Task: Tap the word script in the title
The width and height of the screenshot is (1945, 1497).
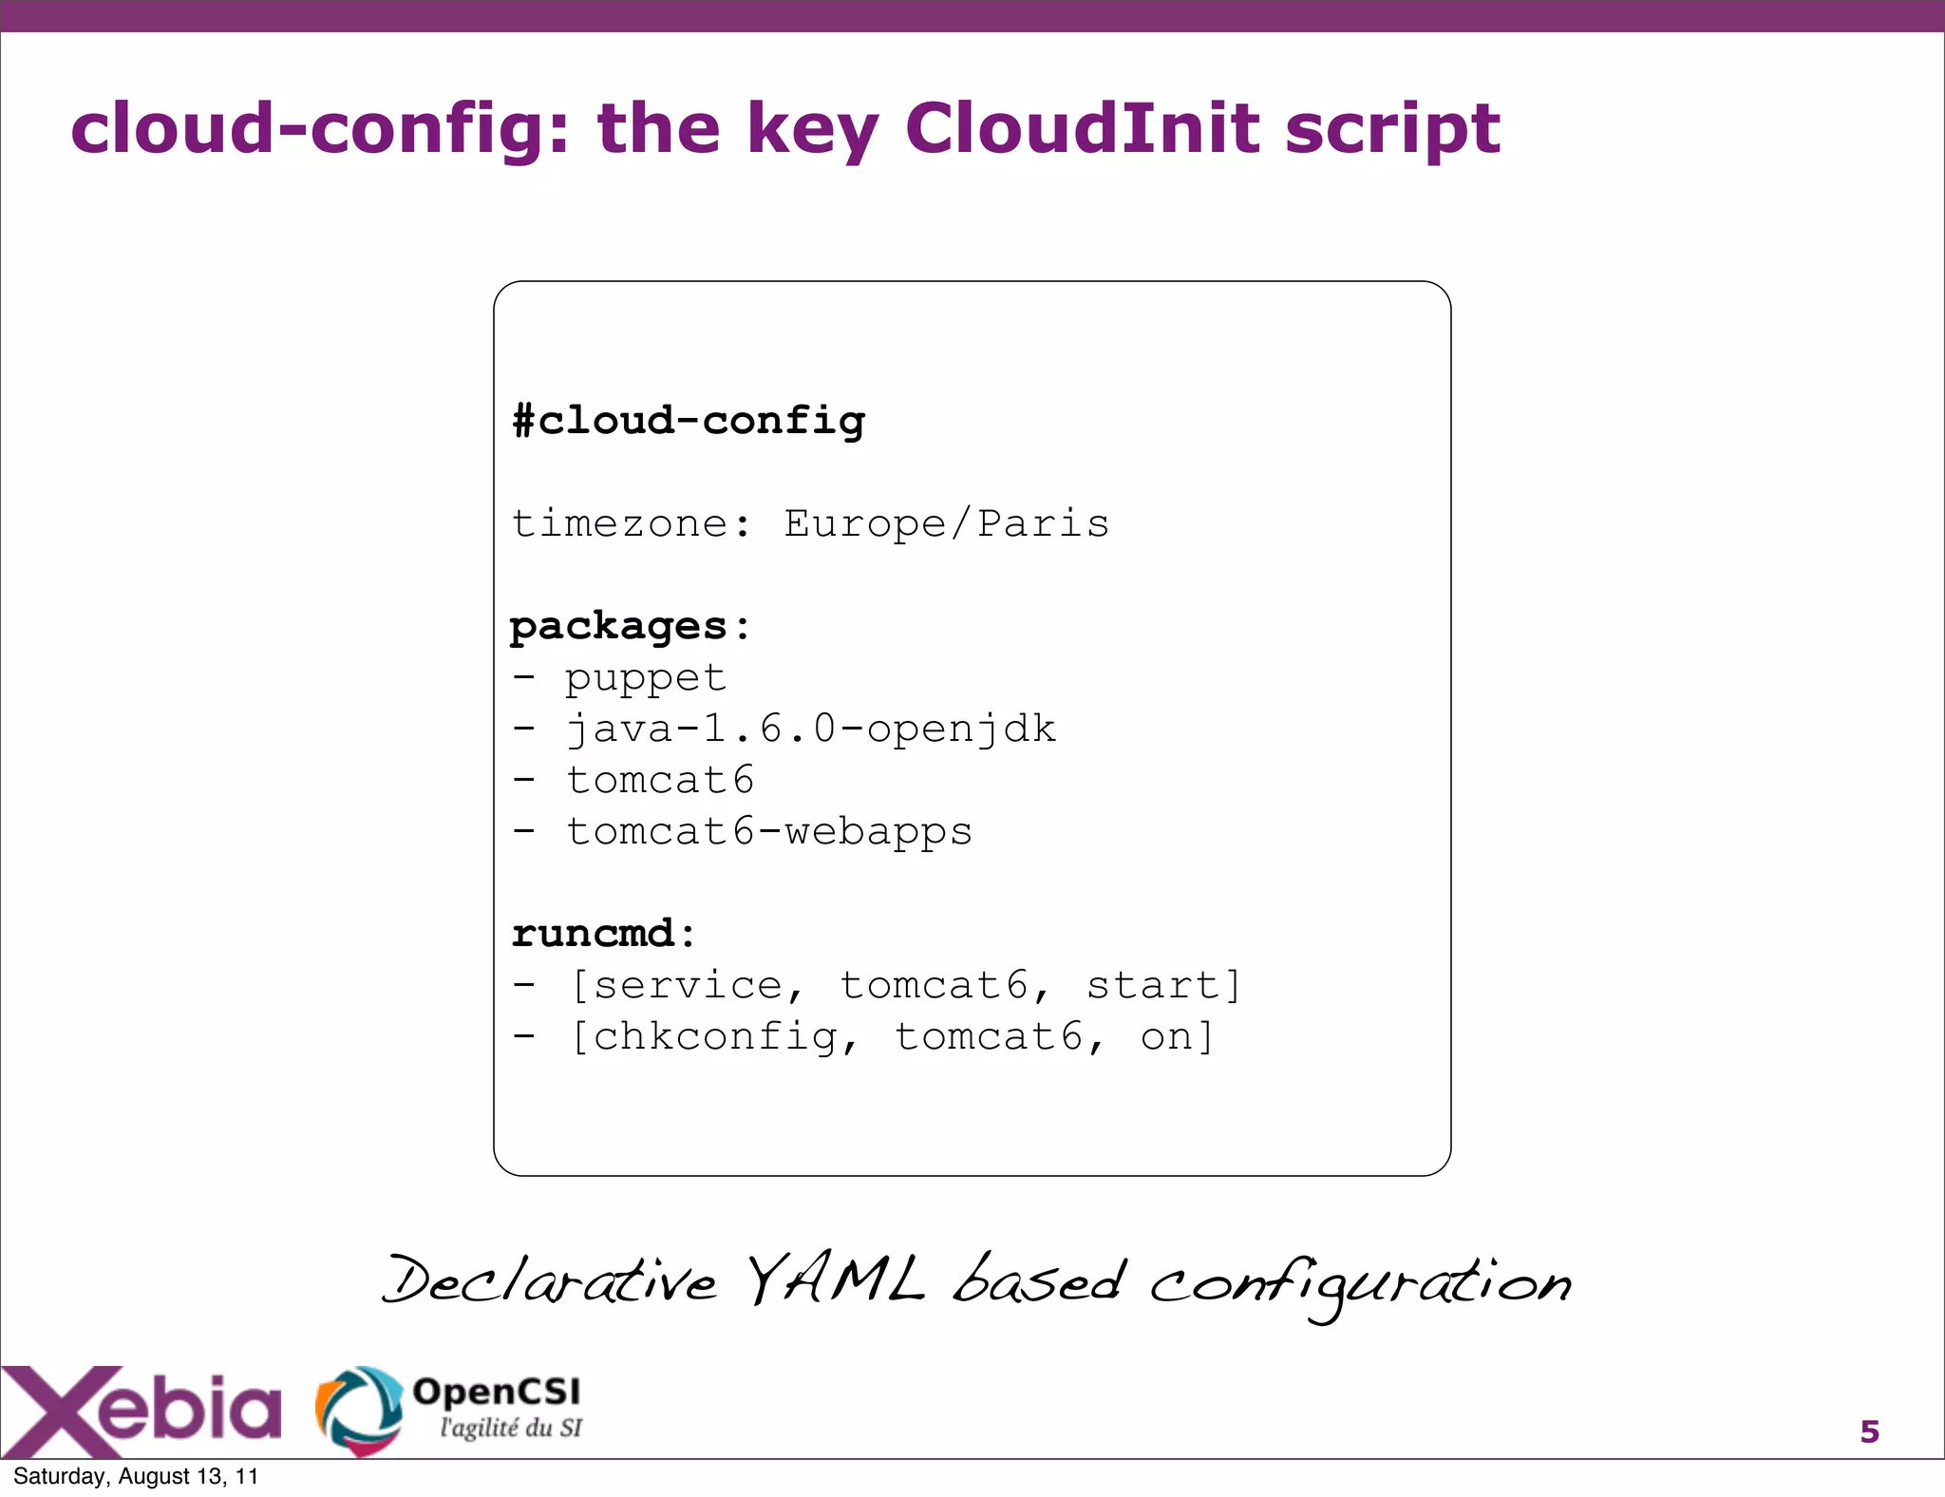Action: (x=1392, y=131)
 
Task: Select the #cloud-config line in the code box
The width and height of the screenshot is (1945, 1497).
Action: (x=689, y=421)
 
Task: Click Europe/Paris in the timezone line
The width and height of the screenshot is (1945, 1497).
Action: (x=946, y=524)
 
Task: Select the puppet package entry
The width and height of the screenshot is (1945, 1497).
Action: (x=646, y=678)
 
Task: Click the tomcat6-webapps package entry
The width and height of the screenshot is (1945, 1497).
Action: (x=769, y=832)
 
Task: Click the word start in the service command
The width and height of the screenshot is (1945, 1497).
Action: (x=1152, y=985)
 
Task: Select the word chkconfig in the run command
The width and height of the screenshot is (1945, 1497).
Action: (x=714, y=1036)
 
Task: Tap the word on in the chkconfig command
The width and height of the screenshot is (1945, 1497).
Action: (x=1165, y=1036)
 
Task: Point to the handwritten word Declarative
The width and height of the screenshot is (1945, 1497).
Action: (x=549, y=1282)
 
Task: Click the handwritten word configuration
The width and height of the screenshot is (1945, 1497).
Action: (x=1360, y=1285)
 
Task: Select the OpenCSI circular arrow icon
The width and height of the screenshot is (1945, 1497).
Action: (x=358, y=1410)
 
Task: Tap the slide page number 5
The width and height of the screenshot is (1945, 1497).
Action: (x=1869, y=1431)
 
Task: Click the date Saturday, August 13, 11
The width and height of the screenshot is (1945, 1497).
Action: (x=136, y=1476)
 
